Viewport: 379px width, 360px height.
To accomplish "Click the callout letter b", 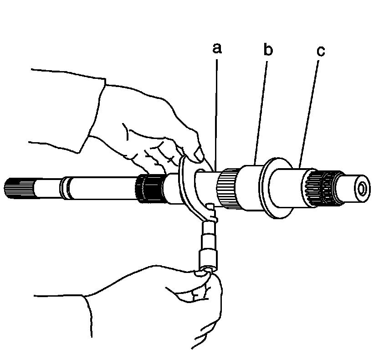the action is click(268, 50).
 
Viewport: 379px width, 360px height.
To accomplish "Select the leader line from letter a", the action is click(217, 109).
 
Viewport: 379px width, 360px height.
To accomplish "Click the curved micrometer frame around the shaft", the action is click(186, 182).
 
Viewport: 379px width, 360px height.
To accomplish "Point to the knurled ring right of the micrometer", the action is click(227, 188).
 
